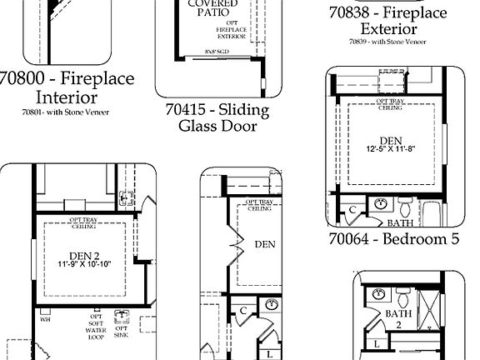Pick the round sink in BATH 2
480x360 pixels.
pyautogui.click(x=377, y=293)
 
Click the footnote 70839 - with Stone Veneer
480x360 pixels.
pyautogui.click(x=387, y=41)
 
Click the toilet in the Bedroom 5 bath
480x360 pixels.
pyautogui.click(x=406, y=204)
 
